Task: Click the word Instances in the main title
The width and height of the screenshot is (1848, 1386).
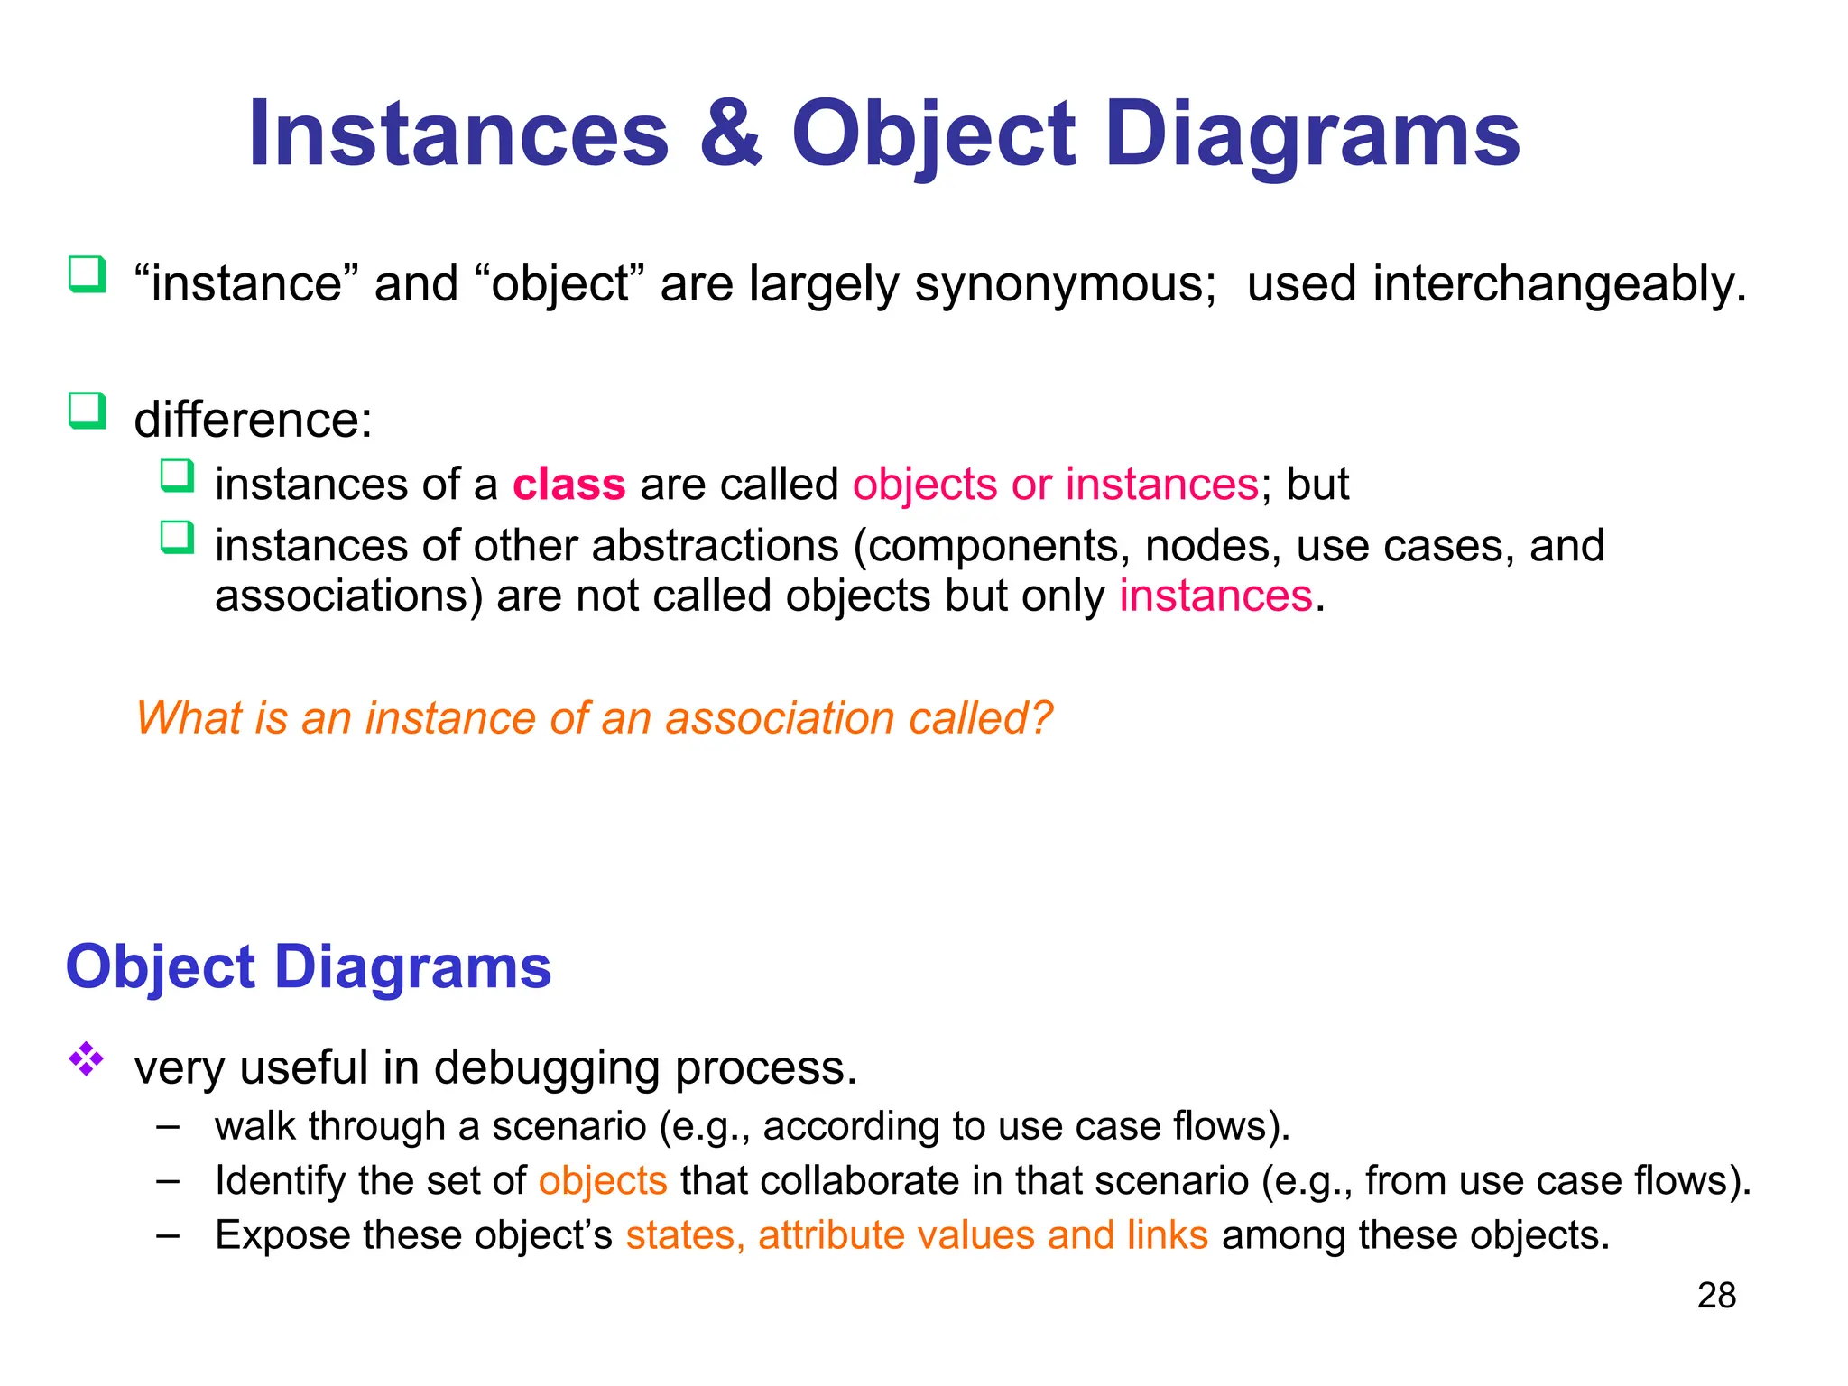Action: (x=458, y=135)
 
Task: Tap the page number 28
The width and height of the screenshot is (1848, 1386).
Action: (x=1716, y=1296)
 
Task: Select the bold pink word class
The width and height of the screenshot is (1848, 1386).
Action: (x=568, y=485)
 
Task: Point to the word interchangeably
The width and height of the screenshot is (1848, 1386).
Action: (x=1559, y=284)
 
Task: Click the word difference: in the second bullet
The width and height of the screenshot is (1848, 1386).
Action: (x=254, y=420)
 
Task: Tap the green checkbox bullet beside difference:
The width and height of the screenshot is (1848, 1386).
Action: (x=88, y=411)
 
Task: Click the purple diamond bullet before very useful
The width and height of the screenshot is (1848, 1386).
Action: (x=87, y=1058)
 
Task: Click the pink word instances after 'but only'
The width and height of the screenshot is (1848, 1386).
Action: (x=1215, y=596)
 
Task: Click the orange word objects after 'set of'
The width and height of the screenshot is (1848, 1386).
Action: (x=603, y=1181)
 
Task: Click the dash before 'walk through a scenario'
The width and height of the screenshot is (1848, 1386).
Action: (x=167, y=1126)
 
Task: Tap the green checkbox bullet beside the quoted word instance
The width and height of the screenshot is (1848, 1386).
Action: (x=88, y=274)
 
